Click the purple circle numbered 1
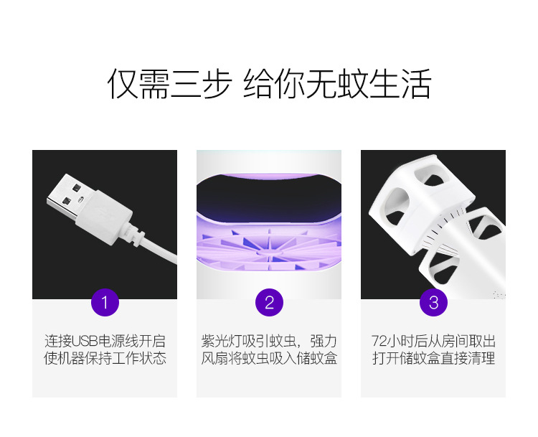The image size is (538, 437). (105, 302)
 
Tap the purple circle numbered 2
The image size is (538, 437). (269, 302)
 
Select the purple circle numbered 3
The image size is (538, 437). (433, 302)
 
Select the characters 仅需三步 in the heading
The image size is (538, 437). (169, 84)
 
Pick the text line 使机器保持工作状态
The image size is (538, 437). (105, 358)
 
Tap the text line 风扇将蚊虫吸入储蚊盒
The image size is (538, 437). (269, 358)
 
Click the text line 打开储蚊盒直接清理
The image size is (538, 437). (433, 358)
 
